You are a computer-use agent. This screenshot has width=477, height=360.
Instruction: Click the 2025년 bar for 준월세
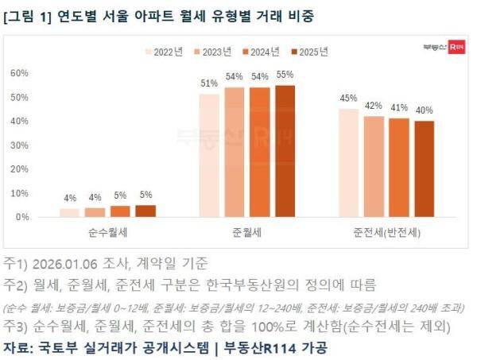tap(285, 151)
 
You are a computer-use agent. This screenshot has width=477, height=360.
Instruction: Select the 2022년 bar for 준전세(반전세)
tap(348, 163)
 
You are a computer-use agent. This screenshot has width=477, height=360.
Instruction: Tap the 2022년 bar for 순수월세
tap(69, 212)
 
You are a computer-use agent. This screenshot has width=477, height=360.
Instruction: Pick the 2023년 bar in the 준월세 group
tap(235, 152)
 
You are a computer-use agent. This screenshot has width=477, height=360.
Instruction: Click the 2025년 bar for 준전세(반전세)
tap(424, 168)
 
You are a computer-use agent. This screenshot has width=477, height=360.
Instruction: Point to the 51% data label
tap(209, 83)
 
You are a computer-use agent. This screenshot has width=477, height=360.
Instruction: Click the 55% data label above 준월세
tap(285, 75)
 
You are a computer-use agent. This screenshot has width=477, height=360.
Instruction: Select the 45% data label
tap(348, 99)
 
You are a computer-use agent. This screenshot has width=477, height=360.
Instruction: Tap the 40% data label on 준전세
tap(424, 110)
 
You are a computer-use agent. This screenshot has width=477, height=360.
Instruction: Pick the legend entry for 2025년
tap(307, 52)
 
